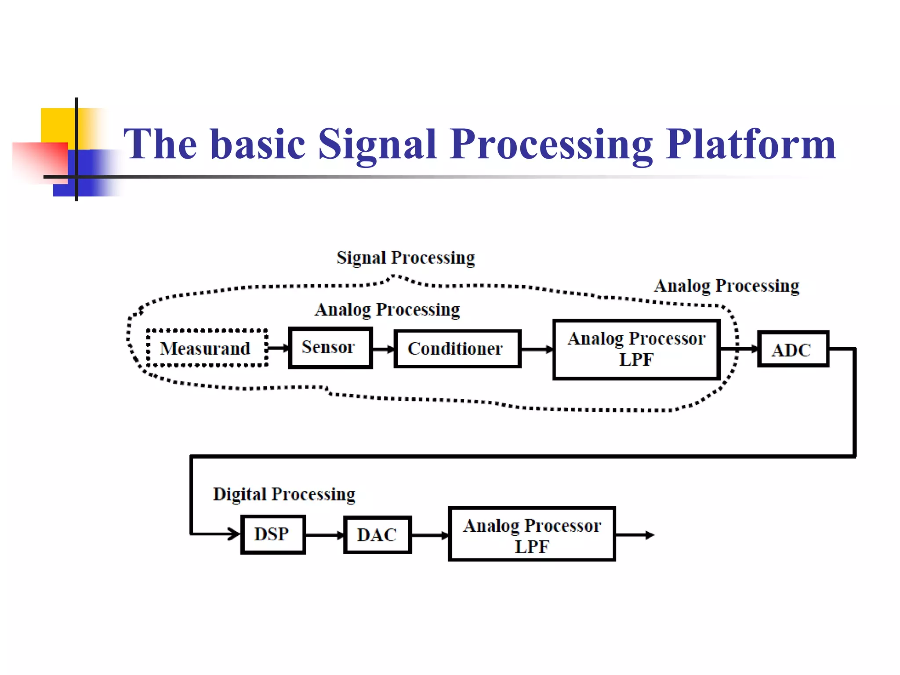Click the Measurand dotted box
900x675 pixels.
[207, 348]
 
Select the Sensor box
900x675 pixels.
[330, 348]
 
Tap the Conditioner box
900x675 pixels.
[457, 348]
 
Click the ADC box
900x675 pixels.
[793, 349]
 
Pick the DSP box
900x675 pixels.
[272, 534]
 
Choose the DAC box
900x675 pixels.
[377, 535]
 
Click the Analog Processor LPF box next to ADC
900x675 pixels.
[636, 349]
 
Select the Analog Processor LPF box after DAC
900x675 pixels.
[531, 534]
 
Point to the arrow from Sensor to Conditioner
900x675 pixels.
[383, 349]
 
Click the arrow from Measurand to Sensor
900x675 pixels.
[278, 348]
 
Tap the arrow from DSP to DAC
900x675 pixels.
[324, 535]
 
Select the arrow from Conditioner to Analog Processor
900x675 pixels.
[537, 349]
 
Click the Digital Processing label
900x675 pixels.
[284, 494]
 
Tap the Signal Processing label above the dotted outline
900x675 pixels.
[406, 258]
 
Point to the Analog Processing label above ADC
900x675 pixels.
[726, 286]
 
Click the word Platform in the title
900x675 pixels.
[750, 144]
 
